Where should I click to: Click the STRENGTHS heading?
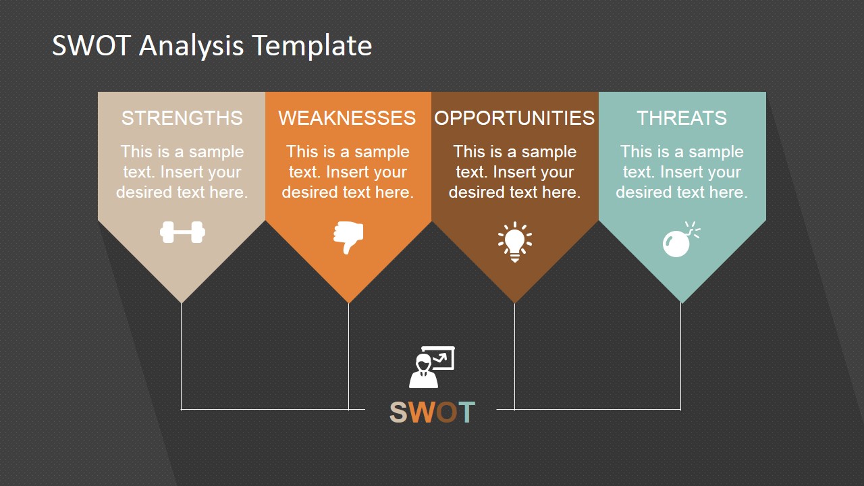coord(182,117)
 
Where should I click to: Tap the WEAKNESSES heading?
coord(347,117)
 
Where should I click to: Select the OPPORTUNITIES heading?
coord(514,117)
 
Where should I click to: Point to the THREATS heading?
coord(682,117)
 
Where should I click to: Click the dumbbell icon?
coord(182,232)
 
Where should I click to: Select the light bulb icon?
coord(515,242)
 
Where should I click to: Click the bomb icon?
coord(680,240)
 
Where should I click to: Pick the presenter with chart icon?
coord(432,367)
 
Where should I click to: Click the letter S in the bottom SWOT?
coord(398,412)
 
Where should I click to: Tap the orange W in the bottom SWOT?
coord(423,412)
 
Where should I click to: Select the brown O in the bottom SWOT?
coord(447,412)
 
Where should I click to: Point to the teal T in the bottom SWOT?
coord(466,412)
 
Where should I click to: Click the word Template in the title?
coord(313,47)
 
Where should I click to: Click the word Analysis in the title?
coord(191,47)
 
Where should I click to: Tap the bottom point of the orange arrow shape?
coord(348,303)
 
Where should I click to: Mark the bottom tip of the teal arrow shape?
coord(681,303)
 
